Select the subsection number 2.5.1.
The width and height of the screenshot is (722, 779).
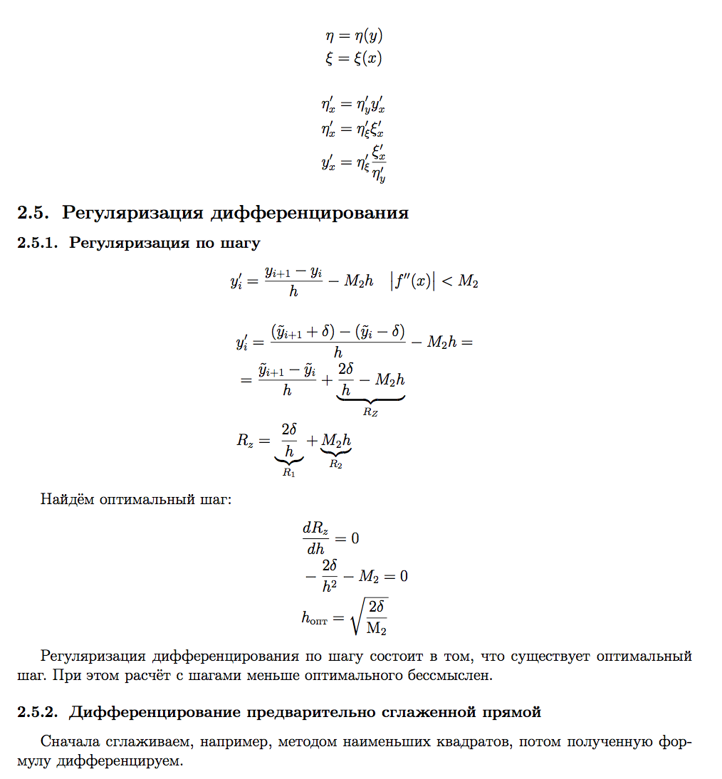click(40, 243)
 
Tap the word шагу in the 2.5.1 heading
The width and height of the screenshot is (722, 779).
click(241, 244)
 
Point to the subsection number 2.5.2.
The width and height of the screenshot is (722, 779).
click(40, 712)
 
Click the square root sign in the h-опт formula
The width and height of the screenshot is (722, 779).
click(358, 615)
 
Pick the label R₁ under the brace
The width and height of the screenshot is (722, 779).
click(288, 471)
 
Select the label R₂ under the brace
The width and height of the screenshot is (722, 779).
click(335, 464)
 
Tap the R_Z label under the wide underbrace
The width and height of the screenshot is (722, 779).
click(370, 412)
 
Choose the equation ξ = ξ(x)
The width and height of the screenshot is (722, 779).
click(353, 58)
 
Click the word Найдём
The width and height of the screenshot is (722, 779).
click(66, 498)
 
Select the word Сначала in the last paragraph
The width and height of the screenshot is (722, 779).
click(67, 742)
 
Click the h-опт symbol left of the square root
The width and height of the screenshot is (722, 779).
click(315, 618)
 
